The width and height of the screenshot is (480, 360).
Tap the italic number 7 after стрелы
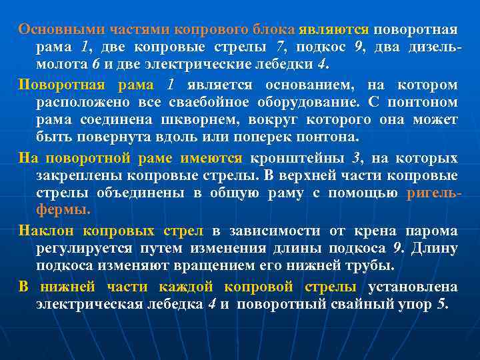coord(280,48)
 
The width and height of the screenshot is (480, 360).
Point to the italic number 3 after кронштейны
coord(356,158)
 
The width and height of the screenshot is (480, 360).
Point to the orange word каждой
coord(186,287)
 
